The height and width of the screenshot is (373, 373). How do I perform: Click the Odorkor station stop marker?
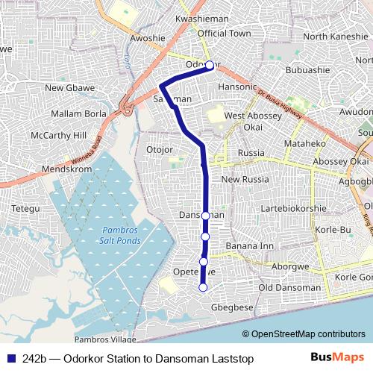click(210, 65)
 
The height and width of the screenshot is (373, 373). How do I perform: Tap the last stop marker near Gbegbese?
click(203, 287)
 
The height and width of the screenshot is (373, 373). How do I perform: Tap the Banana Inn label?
click(250, 245)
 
